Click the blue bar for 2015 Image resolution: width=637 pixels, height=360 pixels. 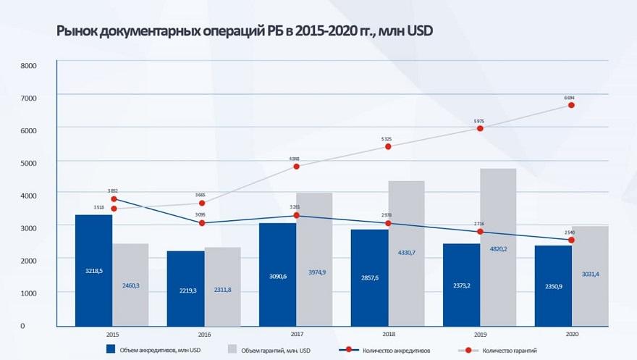(x=93, y=269)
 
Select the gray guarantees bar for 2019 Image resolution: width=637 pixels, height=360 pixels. (x=498, y=246)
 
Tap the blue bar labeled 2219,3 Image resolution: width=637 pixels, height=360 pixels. (x=185, y=288)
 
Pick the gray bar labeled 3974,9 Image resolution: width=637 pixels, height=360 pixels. (x=314, y=259)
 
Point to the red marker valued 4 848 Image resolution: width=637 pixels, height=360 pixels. (x=296, y=167)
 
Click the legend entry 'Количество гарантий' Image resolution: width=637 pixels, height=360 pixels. (x=515, y=350)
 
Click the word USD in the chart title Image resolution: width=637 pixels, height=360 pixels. (x=419, y=32)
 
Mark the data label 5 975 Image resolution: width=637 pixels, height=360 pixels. (x=479, y=120)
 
